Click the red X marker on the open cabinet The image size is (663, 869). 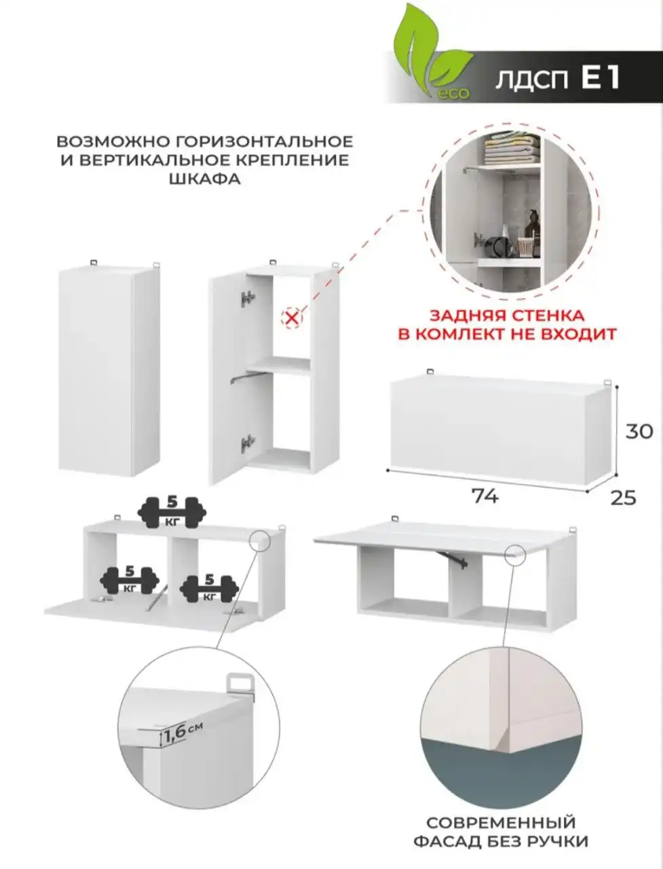tap(292, 317)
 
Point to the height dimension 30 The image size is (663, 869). tap(639, 431)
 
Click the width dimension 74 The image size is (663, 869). tap(485, 496)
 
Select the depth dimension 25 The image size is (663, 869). tap(623, 498)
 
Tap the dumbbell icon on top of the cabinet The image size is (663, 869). tap(172, 511)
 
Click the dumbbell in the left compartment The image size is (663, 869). tap(130, 580)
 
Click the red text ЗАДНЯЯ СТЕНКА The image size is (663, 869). tap(506, 316)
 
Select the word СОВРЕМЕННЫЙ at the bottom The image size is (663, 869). tap(500, 824)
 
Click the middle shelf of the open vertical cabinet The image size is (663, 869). tap(278, 365)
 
